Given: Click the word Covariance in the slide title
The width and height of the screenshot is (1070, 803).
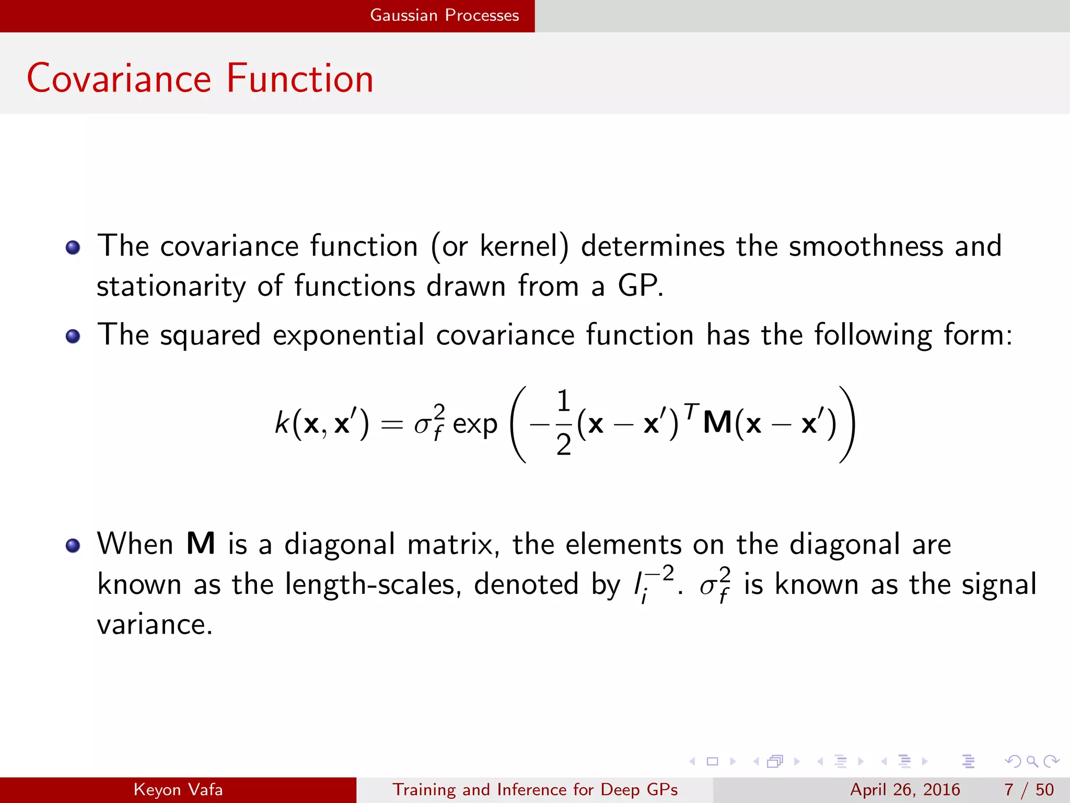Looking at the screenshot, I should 119,78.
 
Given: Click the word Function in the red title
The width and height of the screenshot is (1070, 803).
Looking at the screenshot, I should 300,78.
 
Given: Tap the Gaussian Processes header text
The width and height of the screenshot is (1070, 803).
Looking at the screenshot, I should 444,15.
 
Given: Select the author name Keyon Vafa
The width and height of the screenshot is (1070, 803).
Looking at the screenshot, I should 178,789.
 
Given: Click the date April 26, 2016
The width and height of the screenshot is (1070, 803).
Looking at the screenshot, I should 905,789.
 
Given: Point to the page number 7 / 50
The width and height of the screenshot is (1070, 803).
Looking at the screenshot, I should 1029,789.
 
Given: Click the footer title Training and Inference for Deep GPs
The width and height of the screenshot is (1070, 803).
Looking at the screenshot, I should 535,789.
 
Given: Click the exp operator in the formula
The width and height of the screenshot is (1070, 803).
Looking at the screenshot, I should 474,425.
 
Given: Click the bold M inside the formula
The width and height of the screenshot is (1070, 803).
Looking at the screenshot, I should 717,422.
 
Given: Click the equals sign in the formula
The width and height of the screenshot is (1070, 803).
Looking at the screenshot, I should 392,425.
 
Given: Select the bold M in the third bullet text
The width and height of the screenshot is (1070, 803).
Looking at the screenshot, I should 201,544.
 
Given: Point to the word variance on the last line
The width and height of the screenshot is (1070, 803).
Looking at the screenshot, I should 155,624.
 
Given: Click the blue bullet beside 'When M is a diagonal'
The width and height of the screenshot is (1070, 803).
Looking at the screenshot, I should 73,545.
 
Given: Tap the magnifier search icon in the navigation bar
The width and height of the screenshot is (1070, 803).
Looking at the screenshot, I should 1031,761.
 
